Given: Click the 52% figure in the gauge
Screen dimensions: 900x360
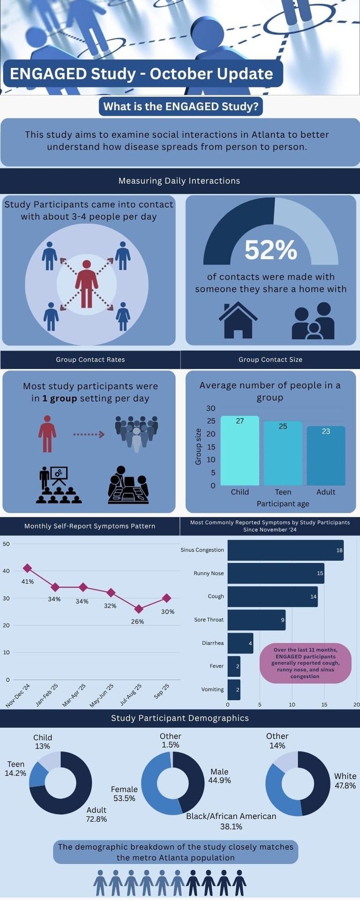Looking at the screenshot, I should click(270, 250).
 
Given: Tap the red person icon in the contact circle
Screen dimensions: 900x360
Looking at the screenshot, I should click(87, 284).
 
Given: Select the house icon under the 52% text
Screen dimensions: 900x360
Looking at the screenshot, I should click(238, 320).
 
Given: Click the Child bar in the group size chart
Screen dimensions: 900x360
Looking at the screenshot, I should click(240, 450).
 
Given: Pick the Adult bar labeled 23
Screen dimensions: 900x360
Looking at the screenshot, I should click(326, 456).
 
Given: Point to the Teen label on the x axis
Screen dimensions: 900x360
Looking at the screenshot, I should click(283, 492).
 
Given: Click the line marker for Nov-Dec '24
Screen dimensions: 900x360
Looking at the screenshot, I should click(27, 568).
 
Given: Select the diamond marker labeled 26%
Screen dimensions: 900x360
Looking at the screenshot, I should click(139, 609).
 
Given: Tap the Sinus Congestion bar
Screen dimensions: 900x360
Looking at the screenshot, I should click(285, 550).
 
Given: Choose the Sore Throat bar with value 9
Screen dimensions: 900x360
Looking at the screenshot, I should click(256, 620).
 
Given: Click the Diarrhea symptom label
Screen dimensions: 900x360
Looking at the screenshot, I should click(213, 643).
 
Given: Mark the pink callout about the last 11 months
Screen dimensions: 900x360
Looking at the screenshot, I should click(305, 663).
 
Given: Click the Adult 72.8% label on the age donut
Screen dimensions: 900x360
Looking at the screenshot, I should click(97, 814).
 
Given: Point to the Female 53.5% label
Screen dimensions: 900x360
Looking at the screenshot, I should click(124, 794).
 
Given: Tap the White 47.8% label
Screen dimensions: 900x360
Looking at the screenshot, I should click(345, 780).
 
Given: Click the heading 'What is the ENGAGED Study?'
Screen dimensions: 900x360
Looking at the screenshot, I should click(180, 106).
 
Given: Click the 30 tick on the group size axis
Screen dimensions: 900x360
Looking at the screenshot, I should click(211, 408).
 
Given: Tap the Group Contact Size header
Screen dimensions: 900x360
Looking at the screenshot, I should click(270, 360).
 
